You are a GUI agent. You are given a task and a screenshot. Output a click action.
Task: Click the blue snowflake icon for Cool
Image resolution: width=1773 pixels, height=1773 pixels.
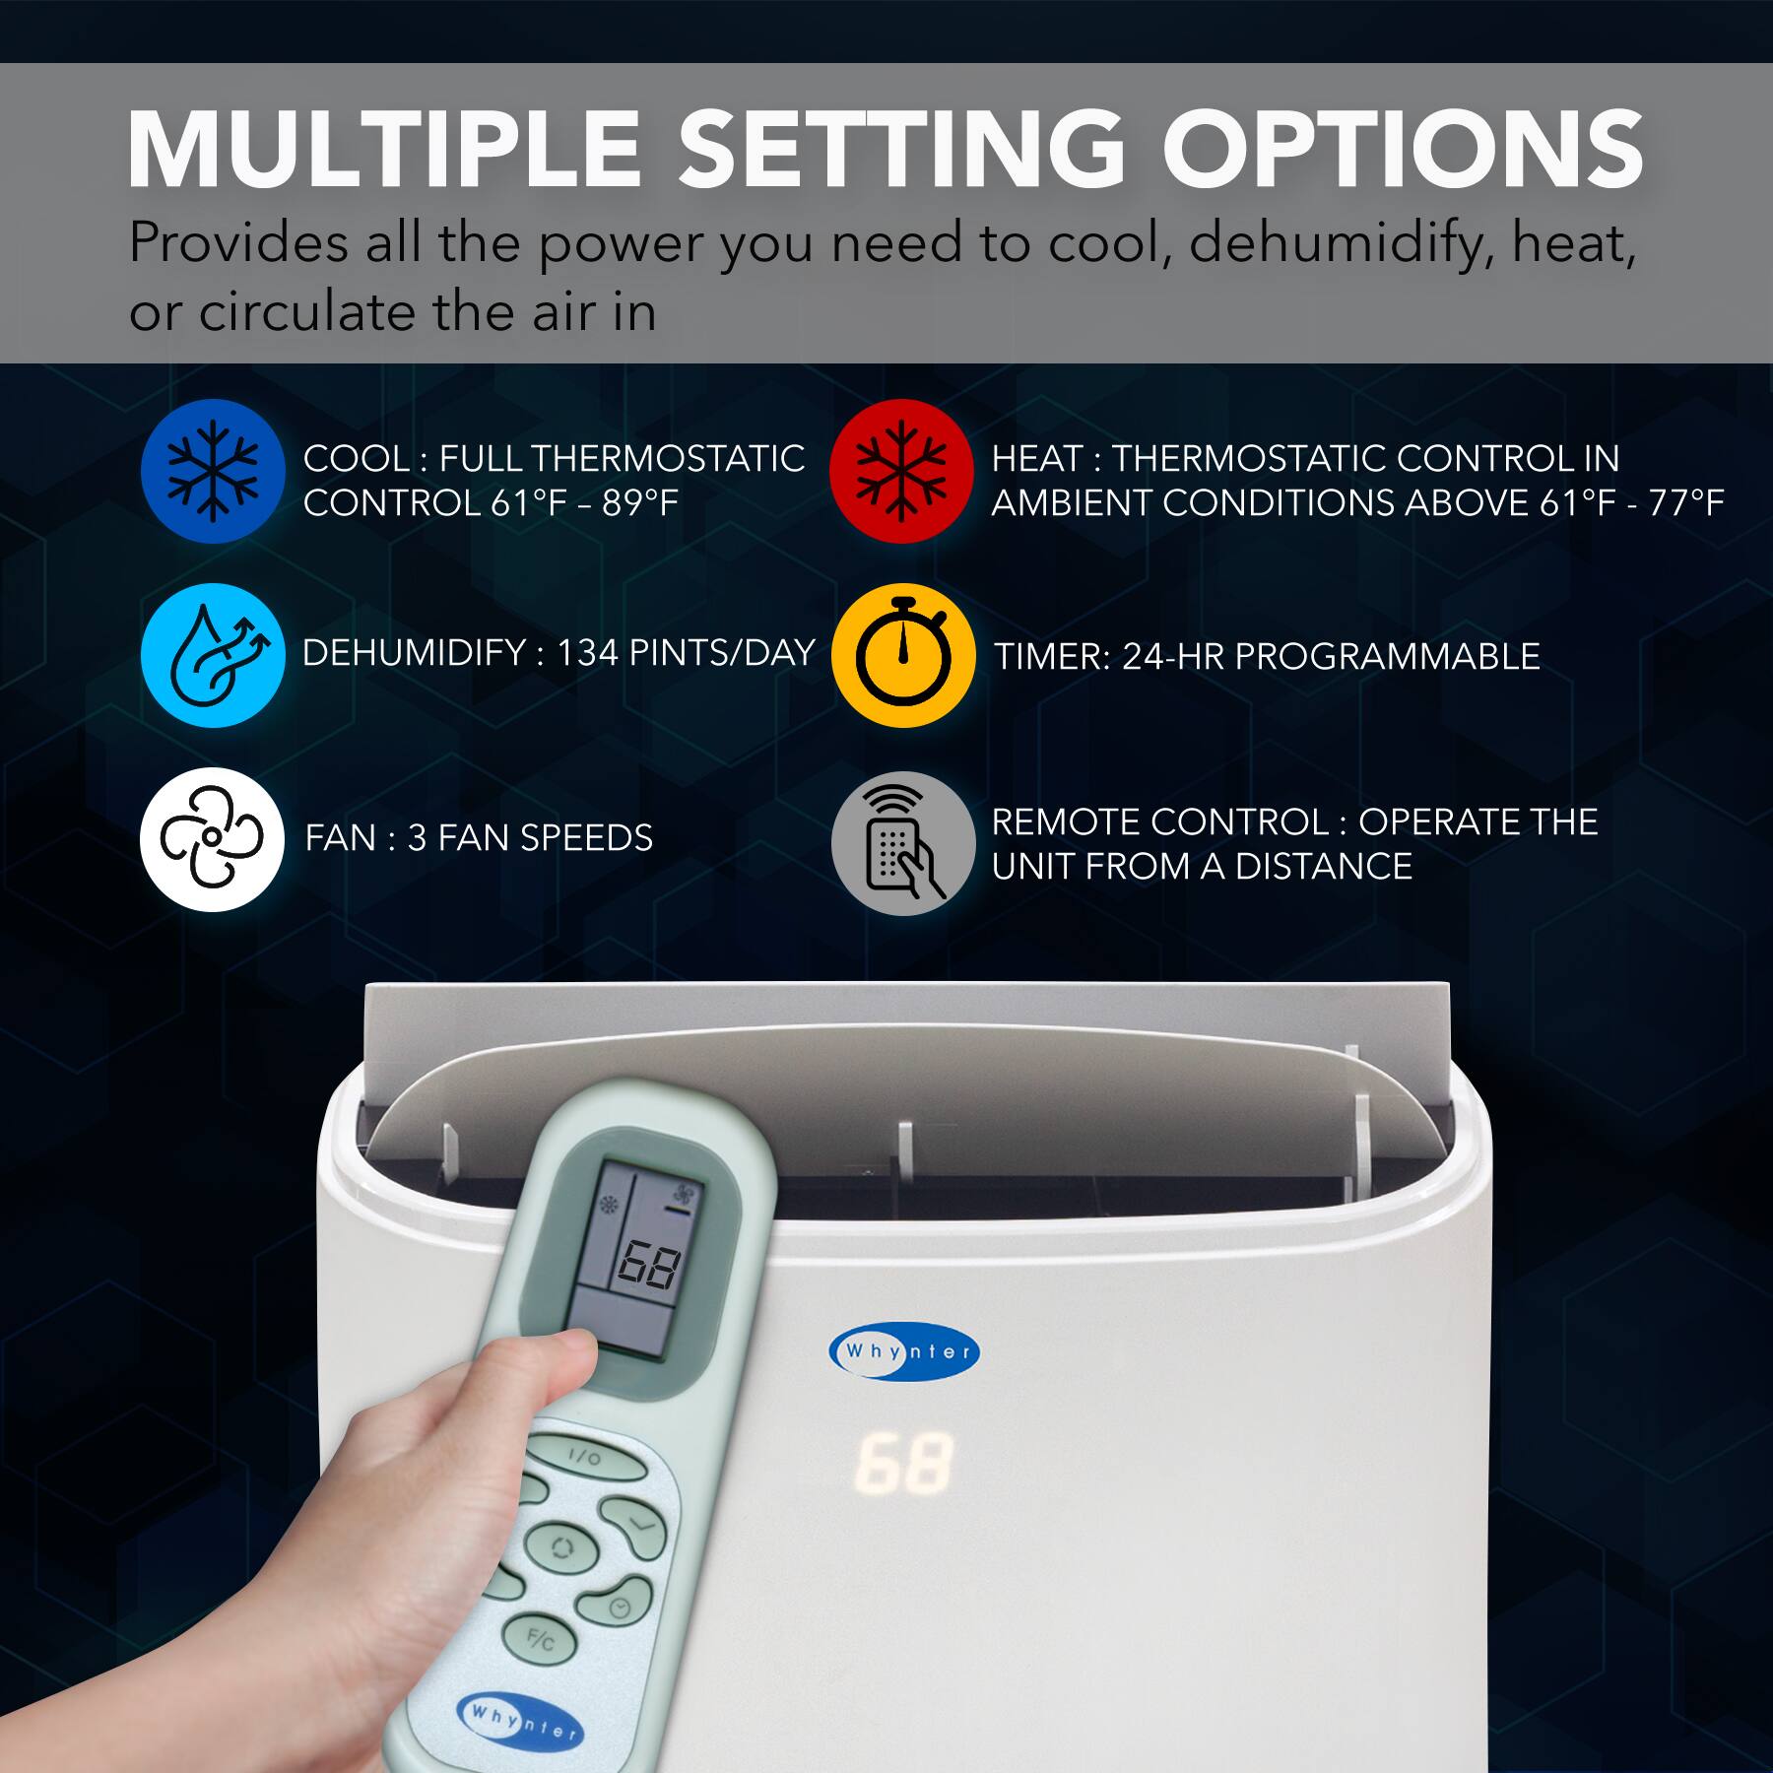tap(213, 471)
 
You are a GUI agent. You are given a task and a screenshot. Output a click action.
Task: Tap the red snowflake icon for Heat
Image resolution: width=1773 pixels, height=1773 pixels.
tap(901, 471)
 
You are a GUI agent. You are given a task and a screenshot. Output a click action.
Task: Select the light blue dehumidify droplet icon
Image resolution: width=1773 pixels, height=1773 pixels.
tap(213, 655)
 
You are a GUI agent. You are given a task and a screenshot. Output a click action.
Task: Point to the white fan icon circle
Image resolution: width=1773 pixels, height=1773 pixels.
tap(212, 839)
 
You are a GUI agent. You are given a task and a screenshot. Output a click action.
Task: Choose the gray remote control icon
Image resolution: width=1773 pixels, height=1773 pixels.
tap(902, 843)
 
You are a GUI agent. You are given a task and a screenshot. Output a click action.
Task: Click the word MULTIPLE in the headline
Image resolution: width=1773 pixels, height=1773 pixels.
tap(384, 150)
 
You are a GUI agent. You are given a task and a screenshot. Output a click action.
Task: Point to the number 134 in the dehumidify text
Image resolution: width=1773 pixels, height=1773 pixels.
tap(587, 653)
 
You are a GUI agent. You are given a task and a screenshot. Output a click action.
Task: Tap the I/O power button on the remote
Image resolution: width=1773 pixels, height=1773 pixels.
tap(584, 1456)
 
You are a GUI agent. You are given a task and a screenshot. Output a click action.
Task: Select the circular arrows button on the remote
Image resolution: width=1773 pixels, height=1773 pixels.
tap(561, 1546)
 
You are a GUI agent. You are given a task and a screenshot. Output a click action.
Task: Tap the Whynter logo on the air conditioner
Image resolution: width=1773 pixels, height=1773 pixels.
tap(904, 1351)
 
